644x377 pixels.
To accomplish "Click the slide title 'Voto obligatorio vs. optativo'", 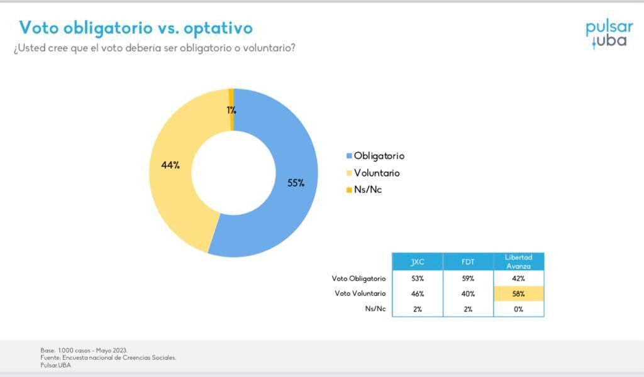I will pos(135,28).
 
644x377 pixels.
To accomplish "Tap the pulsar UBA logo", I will pos(609,34).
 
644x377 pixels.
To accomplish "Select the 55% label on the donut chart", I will pos(296,183).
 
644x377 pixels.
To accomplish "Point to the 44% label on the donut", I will pos(170,165).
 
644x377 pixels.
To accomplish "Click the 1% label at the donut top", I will pos(231,110).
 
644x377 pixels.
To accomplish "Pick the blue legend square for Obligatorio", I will pos(349,156).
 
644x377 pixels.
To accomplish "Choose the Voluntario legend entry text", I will pos(377,173).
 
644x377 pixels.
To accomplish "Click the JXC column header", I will pos(418,262).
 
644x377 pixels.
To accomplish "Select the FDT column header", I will pos(468,262).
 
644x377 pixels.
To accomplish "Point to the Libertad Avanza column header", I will pos(518,261).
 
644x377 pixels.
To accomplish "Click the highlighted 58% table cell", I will pos(518,293).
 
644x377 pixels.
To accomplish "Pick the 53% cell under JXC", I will pos(418,278).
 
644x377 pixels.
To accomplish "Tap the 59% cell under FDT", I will pos(468,278).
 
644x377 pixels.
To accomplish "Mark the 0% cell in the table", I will pos(518,309).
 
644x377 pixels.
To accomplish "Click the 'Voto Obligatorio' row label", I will pos(359,278).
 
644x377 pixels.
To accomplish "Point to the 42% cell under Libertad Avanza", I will pos(518,278).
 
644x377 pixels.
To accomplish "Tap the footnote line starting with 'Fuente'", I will pos(108,358).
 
